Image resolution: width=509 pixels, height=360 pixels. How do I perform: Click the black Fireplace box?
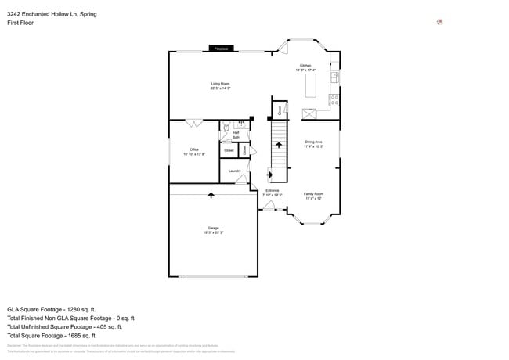(x=222, y=49)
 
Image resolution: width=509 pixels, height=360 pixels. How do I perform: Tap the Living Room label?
(x=220, y=86)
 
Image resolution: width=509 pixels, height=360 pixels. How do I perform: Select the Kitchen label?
(x=305, y=67)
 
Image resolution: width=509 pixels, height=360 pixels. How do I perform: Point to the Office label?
(x=193, y=152)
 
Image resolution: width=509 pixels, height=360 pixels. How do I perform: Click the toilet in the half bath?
(x=226, y=125)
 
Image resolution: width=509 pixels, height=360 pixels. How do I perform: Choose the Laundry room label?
(x=234, y=171)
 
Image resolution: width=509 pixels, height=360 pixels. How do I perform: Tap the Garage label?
(x=214, y=230)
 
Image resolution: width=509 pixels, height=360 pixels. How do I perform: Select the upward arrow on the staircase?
(x=279, y=146)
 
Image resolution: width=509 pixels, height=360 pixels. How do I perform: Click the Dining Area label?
(x=314, y=144)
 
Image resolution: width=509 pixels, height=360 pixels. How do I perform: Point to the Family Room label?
(x=314, y=196)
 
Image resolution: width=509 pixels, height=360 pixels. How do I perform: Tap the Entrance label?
(x=272, y=193)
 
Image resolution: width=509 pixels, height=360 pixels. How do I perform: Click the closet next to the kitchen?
(x=280, y=110)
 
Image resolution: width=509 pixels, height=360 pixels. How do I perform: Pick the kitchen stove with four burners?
(x=334, y=99)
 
